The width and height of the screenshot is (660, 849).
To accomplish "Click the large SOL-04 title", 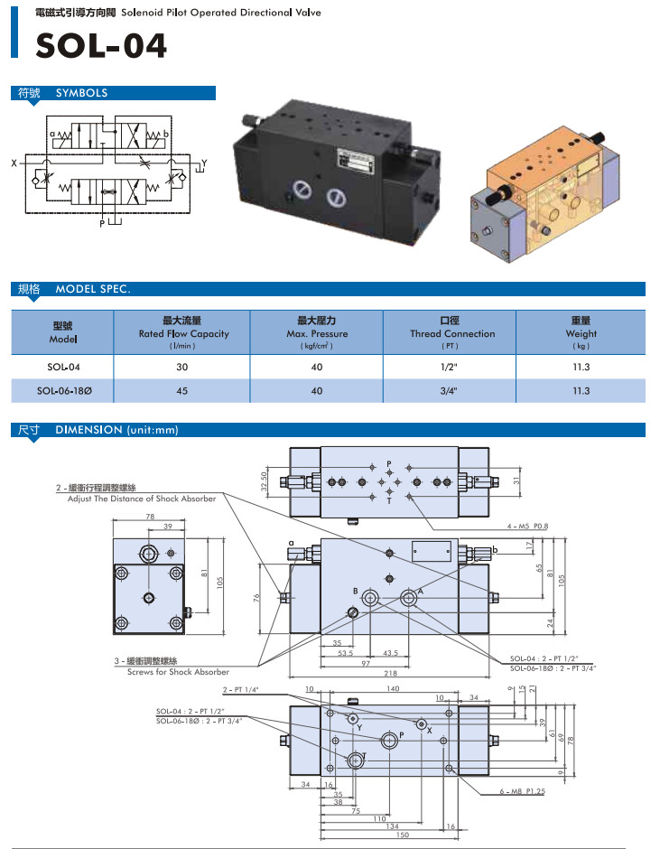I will tap(101, 45).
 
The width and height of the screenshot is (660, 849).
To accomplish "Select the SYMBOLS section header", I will tap(81, 93).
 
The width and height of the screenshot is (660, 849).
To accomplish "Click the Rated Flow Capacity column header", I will tap(182, 333).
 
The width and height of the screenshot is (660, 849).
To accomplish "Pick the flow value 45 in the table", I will tap(182, 391).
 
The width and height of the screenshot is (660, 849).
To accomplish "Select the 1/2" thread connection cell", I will tap(450, 367).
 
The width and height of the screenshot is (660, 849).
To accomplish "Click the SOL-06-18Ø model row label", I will tap(63, 391).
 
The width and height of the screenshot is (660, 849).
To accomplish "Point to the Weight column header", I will tap(581, 333).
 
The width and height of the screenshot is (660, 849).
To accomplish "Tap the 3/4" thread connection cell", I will tap(450, 391).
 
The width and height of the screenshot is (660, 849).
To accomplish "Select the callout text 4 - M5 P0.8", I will tap(528, 525).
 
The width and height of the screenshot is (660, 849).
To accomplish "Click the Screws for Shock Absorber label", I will tap(178, 672).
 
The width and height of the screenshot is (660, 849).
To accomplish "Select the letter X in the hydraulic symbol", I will tap(15, 163).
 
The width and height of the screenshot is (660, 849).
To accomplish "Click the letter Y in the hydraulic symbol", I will tap(204, 163).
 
